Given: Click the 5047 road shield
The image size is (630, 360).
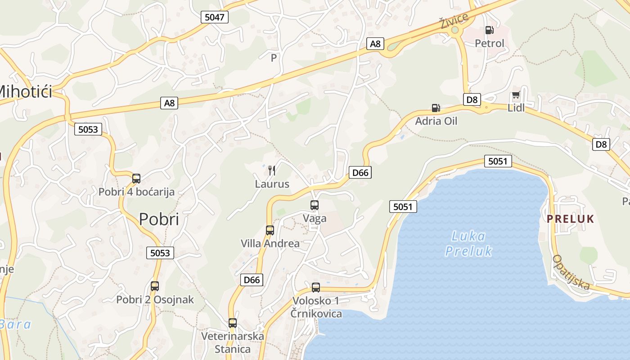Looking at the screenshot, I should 214,17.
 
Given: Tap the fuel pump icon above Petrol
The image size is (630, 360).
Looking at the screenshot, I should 489,30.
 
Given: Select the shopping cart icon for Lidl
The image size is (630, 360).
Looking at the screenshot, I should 516,96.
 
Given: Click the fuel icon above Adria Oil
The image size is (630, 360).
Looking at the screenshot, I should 436,108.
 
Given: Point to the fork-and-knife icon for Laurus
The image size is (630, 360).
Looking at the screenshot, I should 271,170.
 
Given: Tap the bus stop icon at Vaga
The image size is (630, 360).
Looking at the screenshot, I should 315,205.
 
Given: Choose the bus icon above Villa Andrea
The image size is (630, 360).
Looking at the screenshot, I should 270,230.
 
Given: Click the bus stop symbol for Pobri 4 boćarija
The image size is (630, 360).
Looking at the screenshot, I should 136,179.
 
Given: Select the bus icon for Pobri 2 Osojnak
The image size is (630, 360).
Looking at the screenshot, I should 155,286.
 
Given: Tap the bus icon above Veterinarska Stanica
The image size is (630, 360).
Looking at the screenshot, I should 232,323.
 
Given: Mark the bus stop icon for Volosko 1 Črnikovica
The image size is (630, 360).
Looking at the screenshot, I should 316,287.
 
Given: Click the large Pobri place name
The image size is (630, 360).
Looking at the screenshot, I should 159,219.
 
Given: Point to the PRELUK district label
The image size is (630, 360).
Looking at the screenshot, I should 570,219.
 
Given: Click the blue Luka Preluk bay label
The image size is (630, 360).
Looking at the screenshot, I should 468,243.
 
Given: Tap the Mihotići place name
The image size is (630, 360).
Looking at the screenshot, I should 25,92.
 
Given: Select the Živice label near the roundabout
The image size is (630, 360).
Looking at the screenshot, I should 454,21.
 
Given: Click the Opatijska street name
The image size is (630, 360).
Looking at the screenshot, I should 571,272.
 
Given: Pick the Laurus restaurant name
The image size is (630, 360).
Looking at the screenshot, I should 272,184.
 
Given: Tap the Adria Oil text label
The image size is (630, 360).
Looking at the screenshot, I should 436,121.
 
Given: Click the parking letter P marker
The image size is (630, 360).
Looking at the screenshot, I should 274,58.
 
